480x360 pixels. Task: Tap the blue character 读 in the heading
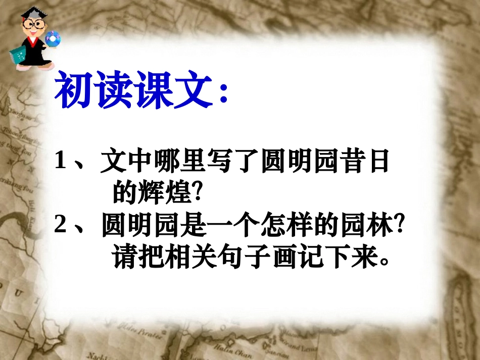tap(115, 91)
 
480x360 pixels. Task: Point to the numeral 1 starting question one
tap(61, 163)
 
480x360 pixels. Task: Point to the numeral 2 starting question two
tap(61, 228)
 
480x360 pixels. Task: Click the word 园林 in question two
tap(368, 228)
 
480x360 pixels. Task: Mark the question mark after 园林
tap(401, 228)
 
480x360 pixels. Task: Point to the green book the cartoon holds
tap(18, 55)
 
